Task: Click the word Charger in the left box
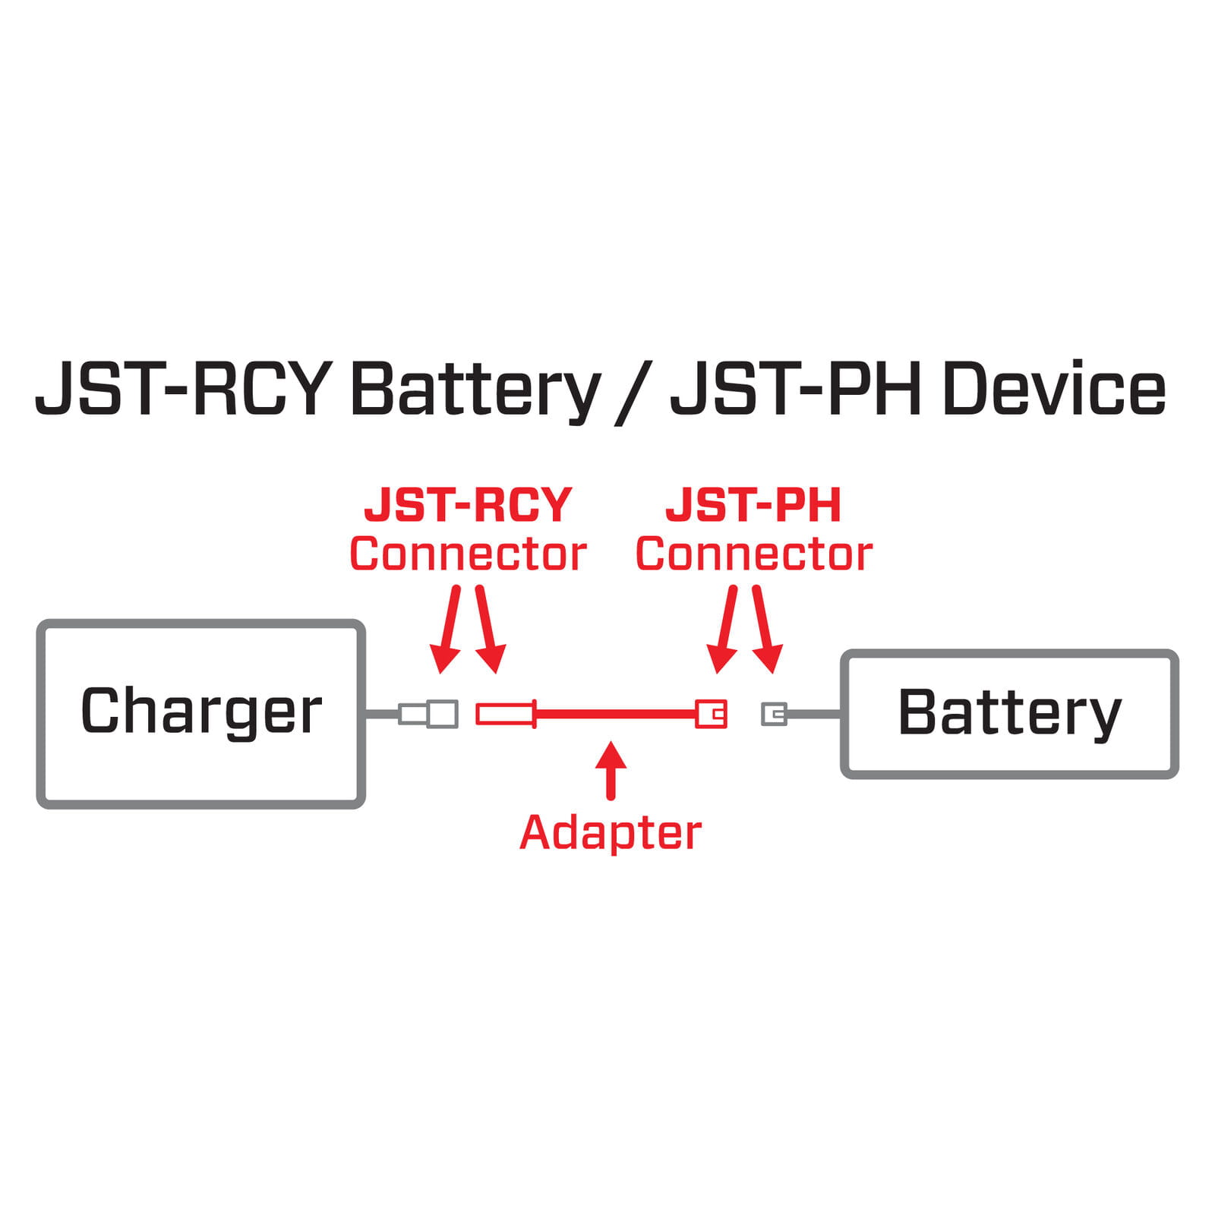pyautogui.click(x=200, y=712)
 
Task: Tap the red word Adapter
pyautogui.click(x=611, y=834)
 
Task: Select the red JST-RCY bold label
pyautogui.click(x=468, y=506)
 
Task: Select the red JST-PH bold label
pyautogui.click(x=753, y=506)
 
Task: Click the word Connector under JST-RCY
pyautogui.click(x=468, y=554)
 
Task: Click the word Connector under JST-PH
pyautogui.click(x=753, y=554)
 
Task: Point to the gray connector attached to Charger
pyautogui.click(x=429, y=714)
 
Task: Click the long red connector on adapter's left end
pyautogui.click(x=506, y=714)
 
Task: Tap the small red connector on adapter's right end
pyautogui.click(x=712, y=714)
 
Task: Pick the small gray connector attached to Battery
pyautogui.click(x=774, y=714)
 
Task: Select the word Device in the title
pyautogui.click(x=1053, y=390)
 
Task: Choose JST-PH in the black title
pyautogui.click(x=796, y=390)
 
